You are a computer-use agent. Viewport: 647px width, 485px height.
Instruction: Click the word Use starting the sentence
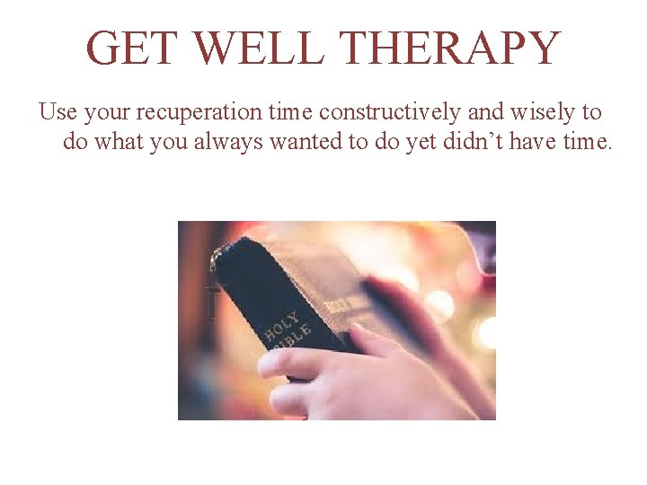[x=58, y=112]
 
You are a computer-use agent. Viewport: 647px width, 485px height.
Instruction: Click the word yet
[x=421, y=143]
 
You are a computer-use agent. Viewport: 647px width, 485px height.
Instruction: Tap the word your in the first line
[x=107, y=114]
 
